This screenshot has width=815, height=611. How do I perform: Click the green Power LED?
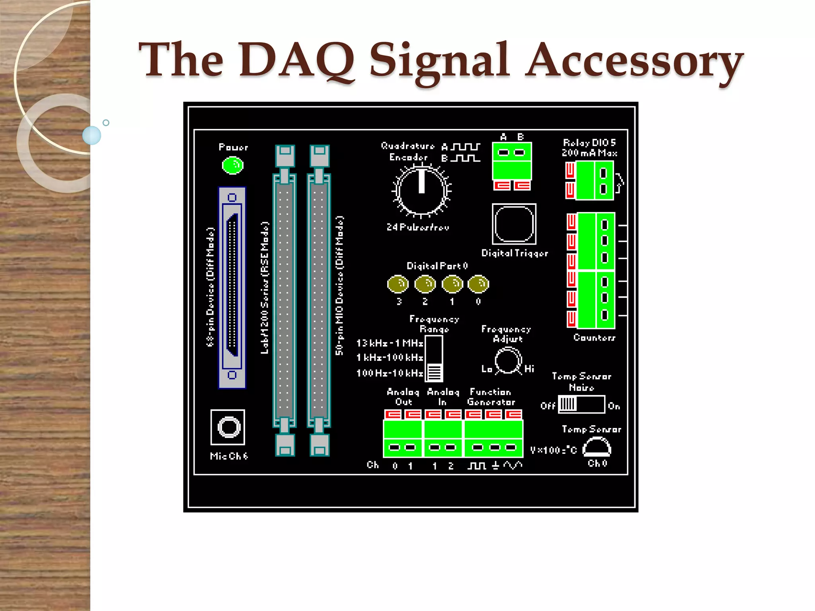click(232, 165)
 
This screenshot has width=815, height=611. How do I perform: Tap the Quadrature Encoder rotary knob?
click(421, 191)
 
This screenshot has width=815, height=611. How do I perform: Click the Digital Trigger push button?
click(514, 224)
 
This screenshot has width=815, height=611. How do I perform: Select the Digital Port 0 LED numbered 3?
click(398, 284)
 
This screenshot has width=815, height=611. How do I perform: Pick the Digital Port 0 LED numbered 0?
click(478, 284)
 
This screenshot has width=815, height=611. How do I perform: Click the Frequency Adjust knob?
click(508, 361)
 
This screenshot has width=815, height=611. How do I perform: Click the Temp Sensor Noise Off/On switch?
click(581, 404)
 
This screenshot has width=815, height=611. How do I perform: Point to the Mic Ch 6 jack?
click(228, 427)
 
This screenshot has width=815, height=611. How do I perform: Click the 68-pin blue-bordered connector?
click(232, 288)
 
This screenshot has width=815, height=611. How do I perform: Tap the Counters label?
click(594, 338)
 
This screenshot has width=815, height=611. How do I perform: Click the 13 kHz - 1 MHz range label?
click(390, 343)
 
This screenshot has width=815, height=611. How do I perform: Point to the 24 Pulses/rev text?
click(418, 227)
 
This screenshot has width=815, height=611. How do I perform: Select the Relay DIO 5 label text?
click(589, 143)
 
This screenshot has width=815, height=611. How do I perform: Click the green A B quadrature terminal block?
click(512, 161)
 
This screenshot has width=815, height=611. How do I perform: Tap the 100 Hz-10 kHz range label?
click(390, 373)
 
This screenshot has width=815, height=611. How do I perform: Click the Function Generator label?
click(491, 397)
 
